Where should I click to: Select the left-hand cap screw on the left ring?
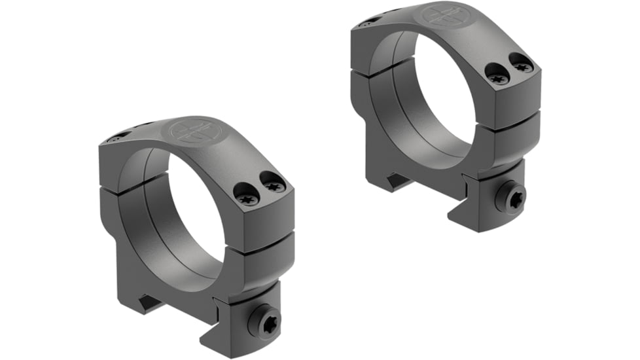[x=247, y=195]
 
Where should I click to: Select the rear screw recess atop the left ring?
[x=118, y=137]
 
